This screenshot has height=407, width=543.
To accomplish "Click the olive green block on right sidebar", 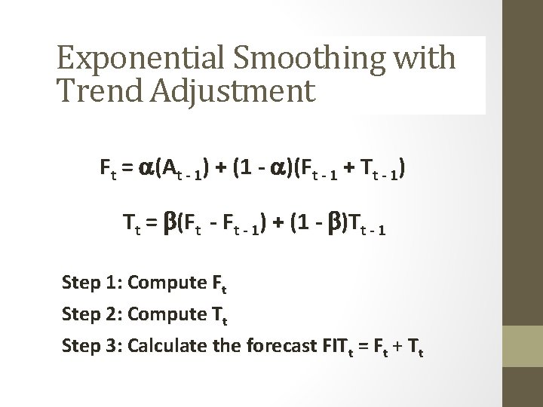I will pyautogui.click(x=523, y=354).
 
